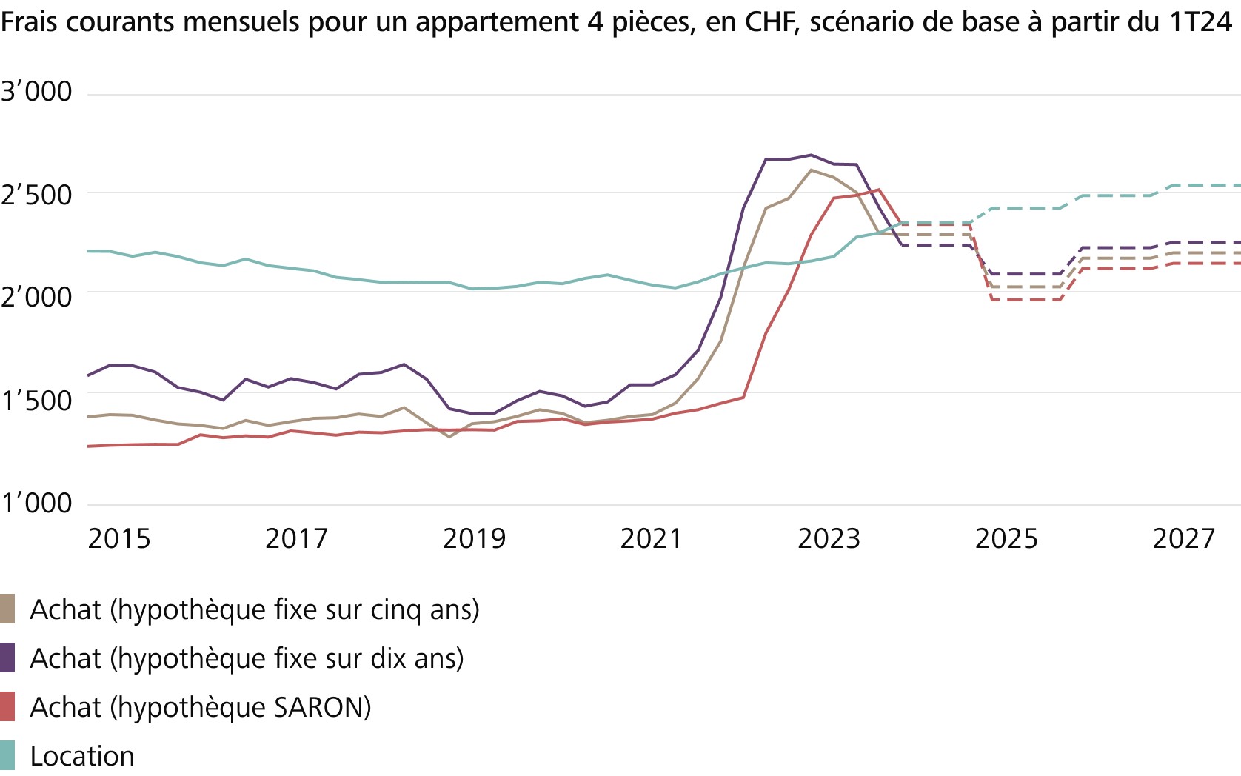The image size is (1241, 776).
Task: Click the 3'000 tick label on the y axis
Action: (36, 92)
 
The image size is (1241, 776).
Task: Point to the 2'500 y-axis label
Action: (36, 195)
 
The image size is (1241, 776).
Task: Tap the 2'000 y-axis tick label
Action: (36, 298)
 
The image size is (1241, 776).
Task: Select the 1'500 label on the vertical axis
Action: (36, 401)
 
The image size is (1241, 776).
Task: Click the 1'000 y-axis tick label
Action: (36, 504)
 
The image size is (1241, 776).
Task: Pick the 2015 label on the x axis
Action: (118, 539)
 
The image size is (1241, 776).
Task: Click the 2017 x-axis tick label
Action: (296, 539)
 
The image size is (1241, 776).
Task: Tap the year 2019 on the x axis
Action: (474, 539)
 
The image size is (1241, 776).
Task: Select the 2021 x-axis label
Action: (651, 539)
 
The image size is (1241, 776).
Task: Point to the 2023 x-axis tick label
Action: (829, 539)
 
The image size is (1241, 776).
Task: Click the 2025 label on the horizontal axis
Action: (1006, 539)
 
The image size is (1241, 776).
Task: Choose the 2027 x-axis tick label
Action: (1183, 539)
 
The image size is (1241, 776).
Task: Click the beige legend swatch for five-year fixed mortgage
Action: (7, 609)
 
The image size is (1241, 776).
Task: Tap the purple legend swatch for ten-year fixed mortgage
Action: (7, 658)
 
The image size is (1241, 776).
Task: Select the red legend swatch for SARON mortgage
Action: (7, 707)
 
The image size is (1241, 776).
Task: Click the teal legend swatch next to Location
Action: (7, 755)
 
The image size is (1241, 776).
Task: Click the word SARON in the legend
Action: (321, 708)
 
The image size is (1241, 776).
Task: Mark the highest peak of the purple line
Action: (811, 155)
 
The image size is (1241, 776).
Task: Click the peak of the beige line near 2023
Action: (812, 170)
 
